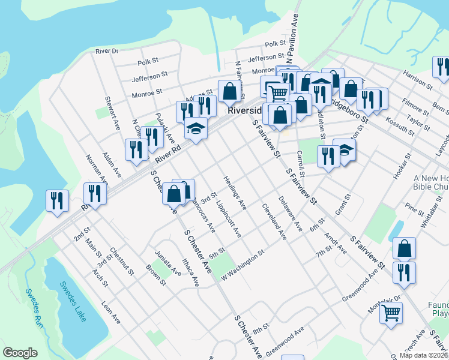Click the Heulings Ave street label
coord(235,193)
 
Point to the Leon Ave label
coord(111,313)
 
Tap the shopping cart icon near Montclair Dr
coord(391,312)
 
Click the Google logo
coord(20,353)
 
